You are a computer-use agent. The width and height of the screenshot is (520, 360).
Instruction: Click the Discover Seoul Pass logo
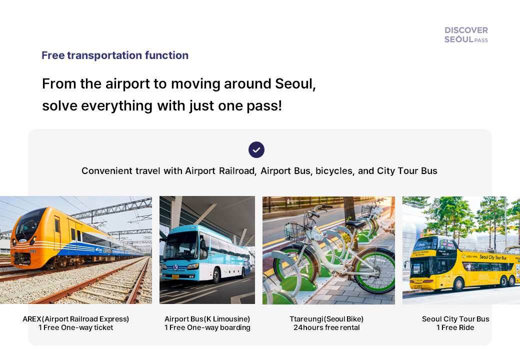[x=466, y=34]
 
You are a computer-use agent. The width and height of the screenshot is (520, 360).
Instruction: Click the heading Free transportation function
[x=115, y=55]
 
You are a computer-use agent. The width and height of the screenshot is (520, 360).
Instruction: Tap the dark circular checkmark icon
[x=256, y=149]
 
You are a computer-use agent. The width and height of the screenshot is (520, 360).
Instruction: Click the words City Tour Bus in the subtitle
[x=407, y=171]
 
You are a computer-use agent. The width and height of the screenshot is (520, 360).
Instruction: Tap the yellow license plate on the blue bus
[x=175, y=276]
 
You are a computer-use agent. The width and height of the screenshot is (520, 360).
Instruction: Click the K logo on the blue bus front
[x=175, y=267]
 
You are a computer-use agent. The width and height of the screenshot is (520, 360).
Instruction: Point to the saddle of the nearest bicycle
[x=356, y=223]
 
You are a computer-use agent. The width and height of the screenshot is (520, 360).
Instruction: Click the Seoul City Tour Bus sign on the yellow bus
[x=493, y=257]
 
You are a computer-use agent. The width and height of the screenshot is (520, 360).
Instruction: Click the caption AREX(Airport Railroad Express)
[x=76, y=319]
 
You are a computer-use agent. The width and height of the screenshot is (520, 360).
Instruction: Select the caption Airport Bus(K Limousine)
[x=207, y=319]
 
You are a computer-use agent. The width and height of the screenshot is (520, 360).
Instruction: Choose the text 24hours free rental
[x=326, y=328]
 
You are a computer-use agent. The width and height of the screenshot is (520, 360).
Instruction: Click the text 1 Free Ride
[x=455, y=328]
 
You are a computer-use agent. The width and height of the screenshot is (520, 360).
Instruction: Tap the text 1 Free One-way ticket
[x=76, y=328]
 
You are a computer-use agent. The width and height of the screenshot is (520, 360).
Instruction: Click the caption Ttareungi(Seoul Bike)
[x=326, y=319]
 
